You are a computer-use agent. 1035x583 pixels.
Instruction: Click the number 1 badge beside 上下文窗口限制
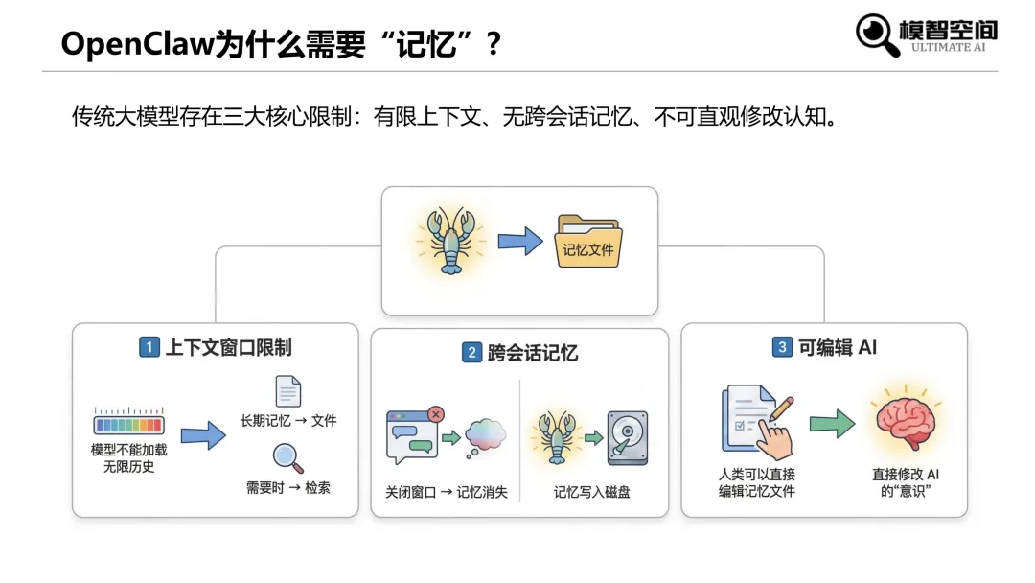click(x=149, y=347)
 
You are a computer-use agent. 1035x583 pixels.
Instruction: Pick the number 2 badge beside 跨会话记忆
click(x=471, y=353)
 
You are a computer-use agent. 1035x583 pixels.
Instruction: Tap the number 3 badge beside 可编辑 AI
click(x=782, y=347)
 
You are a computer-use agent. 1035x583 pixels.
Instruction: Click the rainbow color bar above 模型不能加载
click(x=128, y=423)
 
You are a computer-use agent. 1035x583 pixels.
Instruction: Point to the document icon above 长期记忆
click(x=287, y=391)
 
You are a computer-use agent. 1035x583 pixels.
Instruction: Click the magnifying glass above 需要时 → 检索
click(x=287, y=458)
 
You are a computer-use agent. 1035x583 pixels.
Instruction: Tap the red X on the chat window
click(x=436, y=414)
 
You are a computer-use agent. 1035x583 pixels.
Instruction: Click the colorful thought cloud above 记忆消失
click(x=485, y=436)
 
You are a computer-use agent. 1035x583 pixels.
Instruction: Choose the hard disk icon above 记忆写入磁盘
click(x=627, y=436)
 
